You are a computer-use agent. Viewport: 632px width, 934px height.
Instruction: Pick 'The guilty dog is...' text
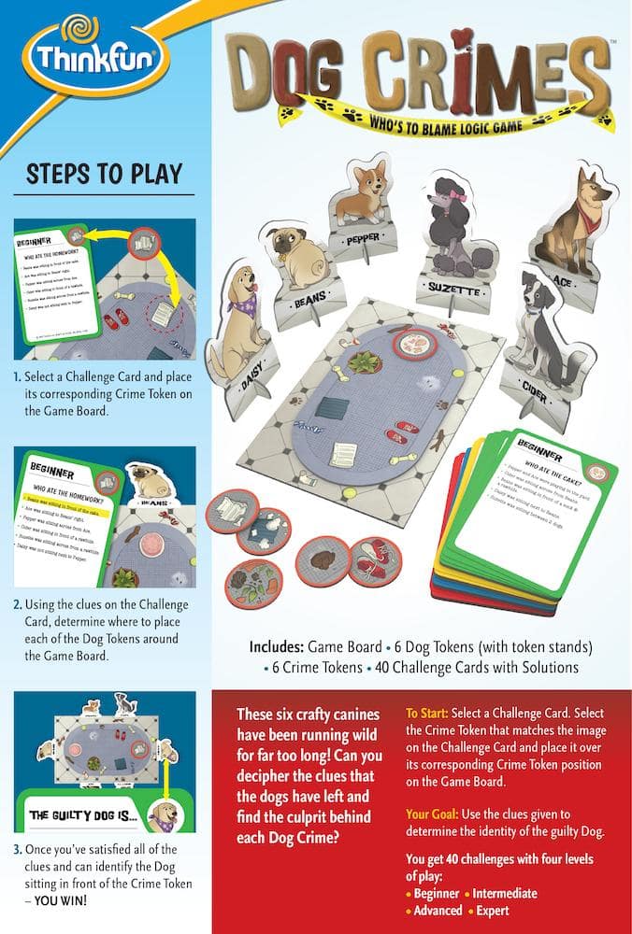83,815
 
